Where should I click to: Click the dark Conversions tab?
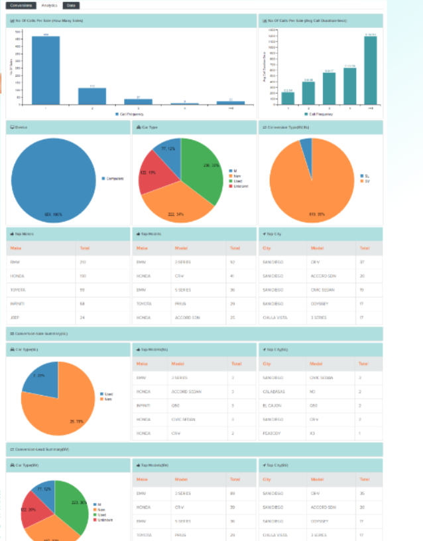tap(21, 5)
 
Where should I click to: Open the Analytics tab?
tap(49, 5)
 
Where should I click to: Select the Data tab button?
tap(71, 5)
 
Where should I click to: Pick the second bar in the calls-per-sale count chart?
tap(92, 96)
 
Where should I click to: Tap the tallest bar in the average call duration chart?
tap(370, 70)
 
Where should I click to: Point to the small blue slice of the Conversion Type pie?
tap(306, 148)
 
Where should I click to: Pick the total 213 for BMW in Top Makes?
tap(83, 262)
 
